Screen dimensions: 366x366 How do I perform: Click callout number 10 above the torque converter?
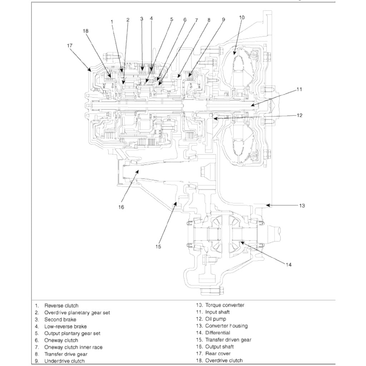pos(242,17)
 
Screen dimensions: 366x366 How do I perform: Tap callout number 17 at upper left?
pos(70,45)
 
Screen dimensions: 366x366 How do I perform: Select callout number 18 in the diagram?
pos(85,31)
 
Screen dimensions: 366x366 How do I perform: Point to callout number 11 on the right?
pos(300,89)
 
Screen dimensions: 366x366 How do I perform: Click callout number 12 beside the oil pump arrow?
pos(300,115)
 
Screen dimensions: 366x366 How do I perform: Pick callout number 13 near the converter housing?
pos(302,206)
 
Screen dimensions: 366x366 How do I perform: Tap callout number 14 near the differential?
pos(288,264)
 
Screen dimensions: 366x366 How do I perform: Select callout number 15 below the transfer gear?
pos(158,247)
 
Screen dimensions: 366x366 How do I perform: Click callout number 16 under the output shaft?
pos(121,207)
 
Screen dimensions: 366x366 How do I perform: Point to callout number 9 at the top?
pos(223,20)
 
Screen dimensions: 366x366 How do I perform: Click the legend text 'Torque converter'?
pos(224,305)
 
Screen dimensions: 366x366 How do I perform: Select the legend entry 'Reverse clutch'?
pos(61,306)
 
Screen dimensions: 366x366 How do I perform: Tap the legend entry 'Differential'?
pos(217,333)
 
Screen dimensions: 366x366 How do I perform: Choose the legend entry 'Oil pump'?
pos(216,319)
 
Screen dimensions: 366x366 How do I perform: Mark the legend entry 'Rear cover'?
pos(218,354)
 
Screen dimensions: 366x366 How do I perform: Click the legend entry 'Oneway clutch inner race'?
pos(73,347)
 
